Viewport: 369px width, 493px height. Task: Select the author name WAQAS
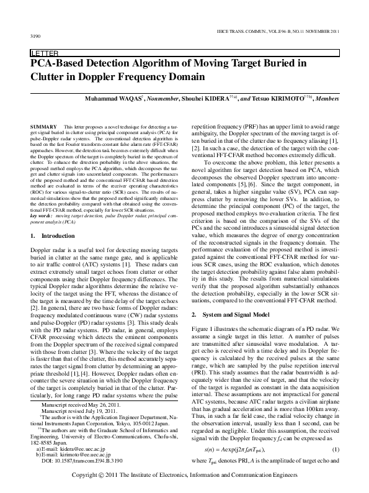coord(136,98)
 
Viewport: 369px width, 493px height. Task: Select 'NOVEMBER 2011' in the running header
coord(324,30)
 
